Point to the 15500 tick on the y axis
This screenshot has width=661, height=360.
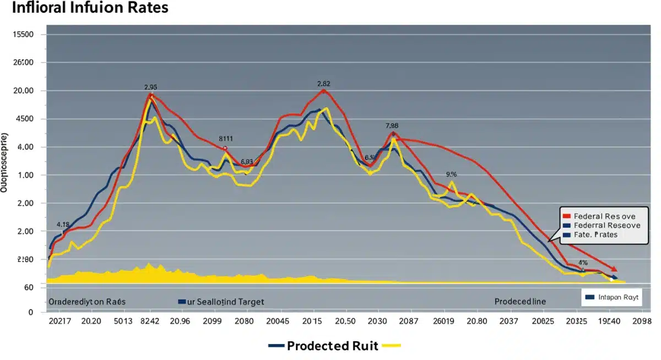23,35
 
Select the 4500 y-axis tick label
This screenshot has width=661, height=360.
23,119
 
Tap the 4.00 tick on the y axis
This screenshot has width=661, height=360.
23,148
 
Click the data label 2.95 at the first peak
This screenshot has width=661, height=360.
151,87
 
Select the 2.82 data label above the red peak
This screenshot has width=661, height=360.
323,84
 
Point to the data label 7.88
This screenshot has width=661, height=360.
392,126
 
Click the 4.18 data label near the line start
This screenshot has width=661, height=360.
63,225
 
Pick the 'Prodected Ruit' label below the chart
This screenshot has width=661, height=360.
332,346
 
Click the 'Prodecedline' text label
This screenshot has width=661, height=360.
519,302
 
